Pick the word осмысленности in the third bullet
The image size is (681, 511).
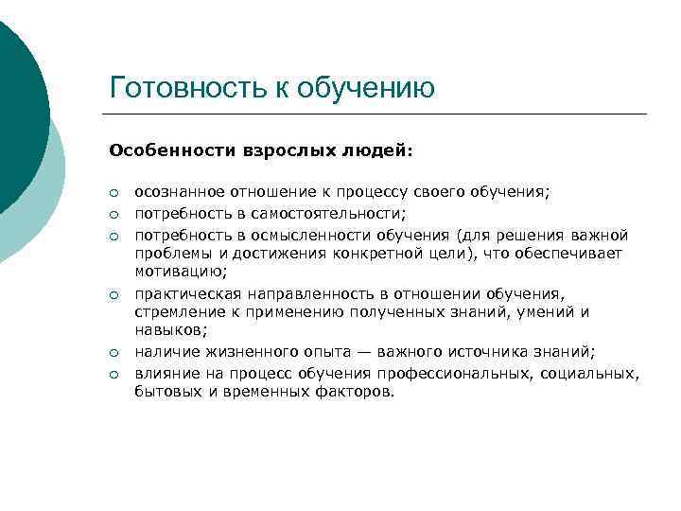coord(288,234)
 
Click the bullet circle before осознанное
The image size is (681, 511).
coord(113,192)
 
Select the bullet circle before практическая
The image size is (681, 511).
coord(113,295)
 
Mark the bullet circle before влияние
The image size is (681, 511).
coord(113,375)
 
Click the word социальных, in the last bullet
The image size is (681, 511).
coord(591,374)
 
